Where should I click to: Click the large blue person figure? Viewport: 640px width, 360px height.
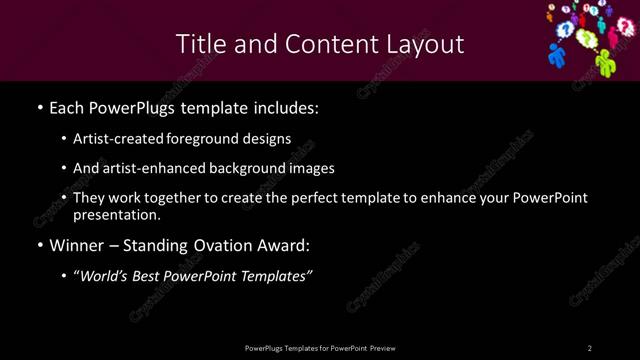pyautogui.click(x=558, y=55)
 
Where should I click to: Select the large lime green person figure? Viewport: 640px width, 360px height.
pyautogui.click(x=604, y=62)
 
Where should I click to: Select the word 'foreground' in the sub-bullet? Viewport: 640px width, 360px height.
pyautogui.click(x=209, y=139)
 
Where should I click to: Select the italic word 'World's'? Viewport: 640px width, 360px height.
pyautogui.click(x=105, y=277)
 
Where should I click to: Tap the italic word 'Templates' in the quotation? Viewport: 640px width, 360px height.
pyautogui.click(x=275, y=277)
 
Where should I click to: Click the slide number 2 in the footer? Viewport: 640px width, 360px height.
pyautogui.click(x=590, y=348)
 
